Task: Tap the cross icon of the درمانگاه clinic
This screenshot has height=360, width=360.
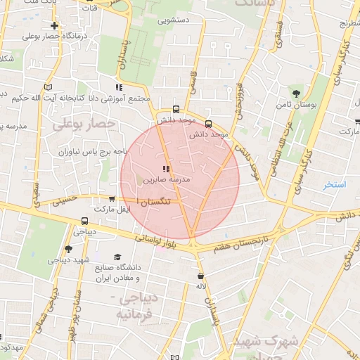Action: pyautogui.click(x=54, y=25)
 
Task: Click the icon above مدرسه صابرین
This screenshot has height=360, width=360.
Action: pyautogui.click(x=166, y=169)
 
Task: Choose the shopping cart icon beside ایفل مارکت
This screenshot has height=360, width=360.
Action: pyautogui.click(x=112, y=199)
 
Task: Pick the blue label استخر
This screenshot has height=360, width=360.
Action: pyautogui.click(x=335, y=185)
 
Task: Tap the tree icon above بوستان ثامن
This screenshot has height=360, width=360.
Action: pyautogui.click(x=297, y=93)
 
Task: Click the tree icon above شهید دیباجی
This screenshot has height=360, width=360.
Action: pyautogui.click(x=68, y=249)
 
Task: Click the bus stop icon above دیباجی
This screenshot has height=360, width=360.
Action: pyautogui.click(x=75, y=220)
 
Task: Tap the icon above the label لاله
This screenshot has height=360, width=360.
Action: pyautogui.click(x=202, y=276)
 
